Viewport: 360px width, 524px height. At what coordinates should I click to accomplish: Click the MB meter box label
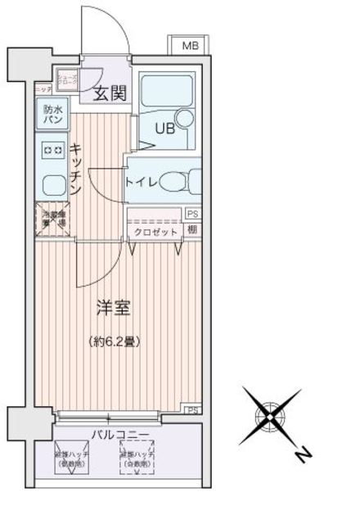click(x=189, y=46)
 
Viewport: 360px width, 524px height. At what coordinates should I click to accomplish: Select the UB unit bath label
click(x=166, y=127)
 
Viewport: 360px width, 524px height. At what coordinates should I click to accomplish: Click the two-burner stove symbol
click(x=52, y=150)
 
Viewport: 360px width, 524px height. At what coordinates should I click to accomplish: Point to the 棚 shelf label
click(x=191, y=230)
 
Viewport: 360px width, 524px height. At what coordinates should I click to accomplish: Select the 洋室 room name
click(x=113, y=309)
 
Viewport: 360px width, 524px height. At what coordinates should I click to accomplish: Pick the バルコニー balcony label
click(x=119, y=435)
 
